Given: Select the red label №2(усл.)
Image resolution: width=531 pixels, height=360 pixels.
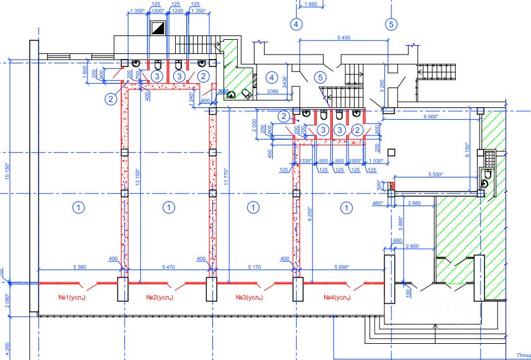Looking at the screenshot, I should click(x=159, y=298).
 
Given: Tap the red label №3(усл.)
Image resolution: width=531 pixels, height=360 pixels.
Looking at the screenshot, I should click(x=248, y=298).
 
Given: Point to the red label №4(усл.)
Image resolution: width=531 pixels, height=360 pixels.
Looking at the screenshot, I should click(x=337, y=298).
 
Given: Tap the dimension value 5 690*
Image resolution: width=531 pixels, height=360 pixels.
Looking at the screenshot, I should click(x=341, y=266).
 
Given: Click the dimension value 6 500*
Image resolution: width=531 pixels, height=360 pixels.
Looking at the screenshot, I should click(x=431, y=117).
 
